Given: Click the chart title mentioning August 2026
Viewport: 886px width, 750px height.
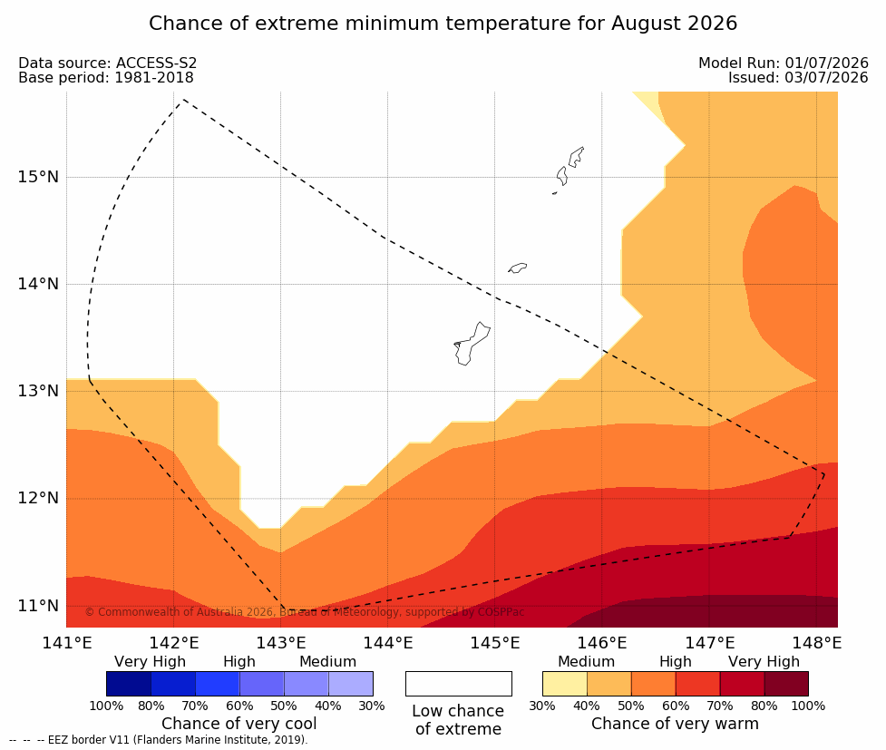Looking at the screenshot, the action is coord(443,24).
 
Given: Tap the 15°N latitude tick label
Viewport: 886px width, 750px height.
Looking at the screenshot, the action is coord(38,177).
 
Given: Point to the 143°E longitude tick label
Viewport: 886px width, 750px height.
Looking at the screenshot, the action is coord(281,643).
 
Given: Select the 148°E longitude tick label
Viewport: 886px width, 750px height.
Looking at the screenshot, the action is coord(816,643).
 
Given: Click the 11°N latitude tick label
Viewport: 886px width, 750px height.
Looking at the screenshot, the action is coord(38,606).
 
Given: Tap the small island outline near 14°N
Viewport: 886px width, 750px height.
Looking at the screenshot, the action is coord(518,268).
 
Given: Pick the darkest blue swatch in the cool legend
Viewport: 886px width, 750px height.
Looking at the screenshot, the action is coord(129,684).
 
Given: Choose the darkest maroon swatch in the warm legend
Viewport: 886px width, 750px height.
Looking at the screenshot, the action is coord(786,684).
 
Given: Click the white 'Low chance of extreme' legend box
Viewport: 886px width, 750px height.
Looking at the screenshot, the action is coord(459,684).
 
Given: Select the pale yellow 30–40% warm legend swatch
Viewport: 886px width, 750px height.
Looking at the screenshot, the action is coord(565,684).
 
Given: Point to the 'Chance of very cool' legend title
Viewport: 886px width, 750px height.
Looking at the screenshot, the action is coord(239,724).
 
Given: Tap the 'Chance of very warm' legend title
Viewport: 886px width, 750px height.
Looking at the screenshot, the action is coord(676,724).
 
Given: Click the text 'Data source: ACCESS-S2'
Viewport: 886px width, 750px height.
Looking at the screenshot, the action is coord(107,63).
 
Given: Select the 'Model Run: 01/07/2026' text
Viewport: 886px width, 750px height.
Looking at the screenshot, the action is coord(784,63).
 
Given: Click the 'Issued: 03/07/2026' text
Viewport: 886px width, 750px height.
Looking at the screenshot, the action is coord(798,77).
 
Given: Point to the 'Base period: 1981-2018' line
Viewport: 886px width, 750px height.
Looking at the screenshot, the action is coord(106,77).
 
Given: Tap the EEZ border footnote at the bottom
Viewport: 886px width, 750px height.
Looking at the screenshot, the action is coord(158,740).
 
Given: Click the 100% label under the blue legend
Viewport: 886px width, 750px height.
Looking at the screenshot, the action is coord(106,706).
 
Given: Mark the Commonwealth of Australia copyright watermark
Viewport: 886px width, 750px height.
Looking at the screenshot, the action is coord(305,612).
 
